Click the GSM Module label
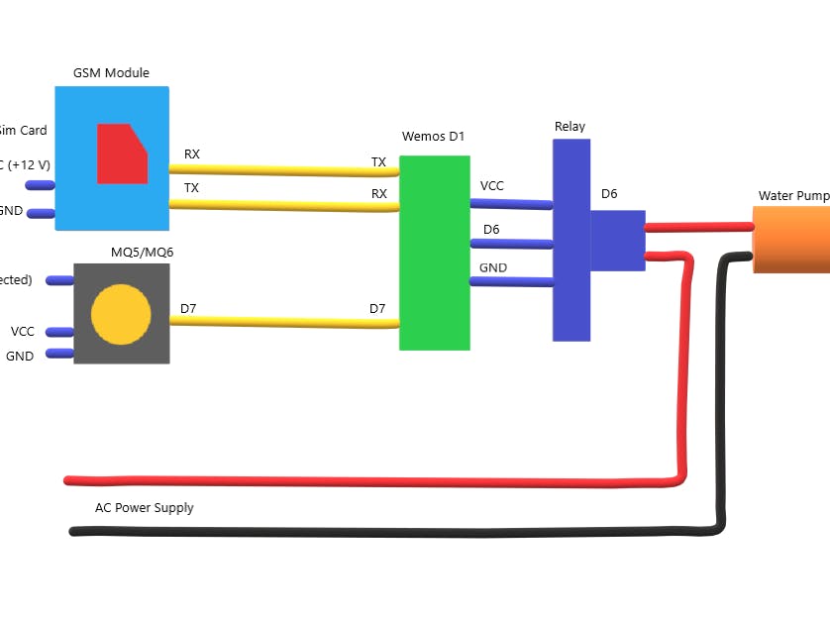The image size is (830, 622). tap(111, 73)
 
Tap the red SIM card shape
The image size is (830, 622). tap(121, 155)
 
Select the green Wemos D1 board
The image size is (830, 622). tap(434, 253)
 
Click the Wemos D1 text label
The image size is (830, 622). tap(433, 137)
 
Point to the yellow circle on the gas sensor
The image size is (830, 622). tap(121, 314)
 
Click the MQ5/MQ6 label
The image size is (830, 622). tap(142, 253)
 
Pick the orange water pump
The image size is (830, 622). tap(791, 239)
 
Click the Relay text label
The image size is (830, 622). tap(570, 127)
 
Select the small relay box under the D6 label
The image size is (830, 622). tap(618, 240)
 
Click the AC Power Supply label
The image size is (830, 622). tap(145, 508)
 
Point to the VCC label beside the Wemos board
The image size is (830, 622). tap(491, 186)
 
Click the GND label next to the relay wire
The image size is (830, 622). tap(493, 268)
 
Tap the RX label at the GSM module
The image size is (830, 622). tap(192, 155)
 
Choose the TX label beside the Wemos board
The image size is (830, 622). tap(378, 162)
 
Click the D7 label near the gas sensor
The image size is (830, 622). tap(188, 309)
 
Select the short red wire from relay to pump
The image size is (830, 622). tap(698, 227)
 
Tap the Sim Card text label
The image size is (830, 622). tap(22, 131)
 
